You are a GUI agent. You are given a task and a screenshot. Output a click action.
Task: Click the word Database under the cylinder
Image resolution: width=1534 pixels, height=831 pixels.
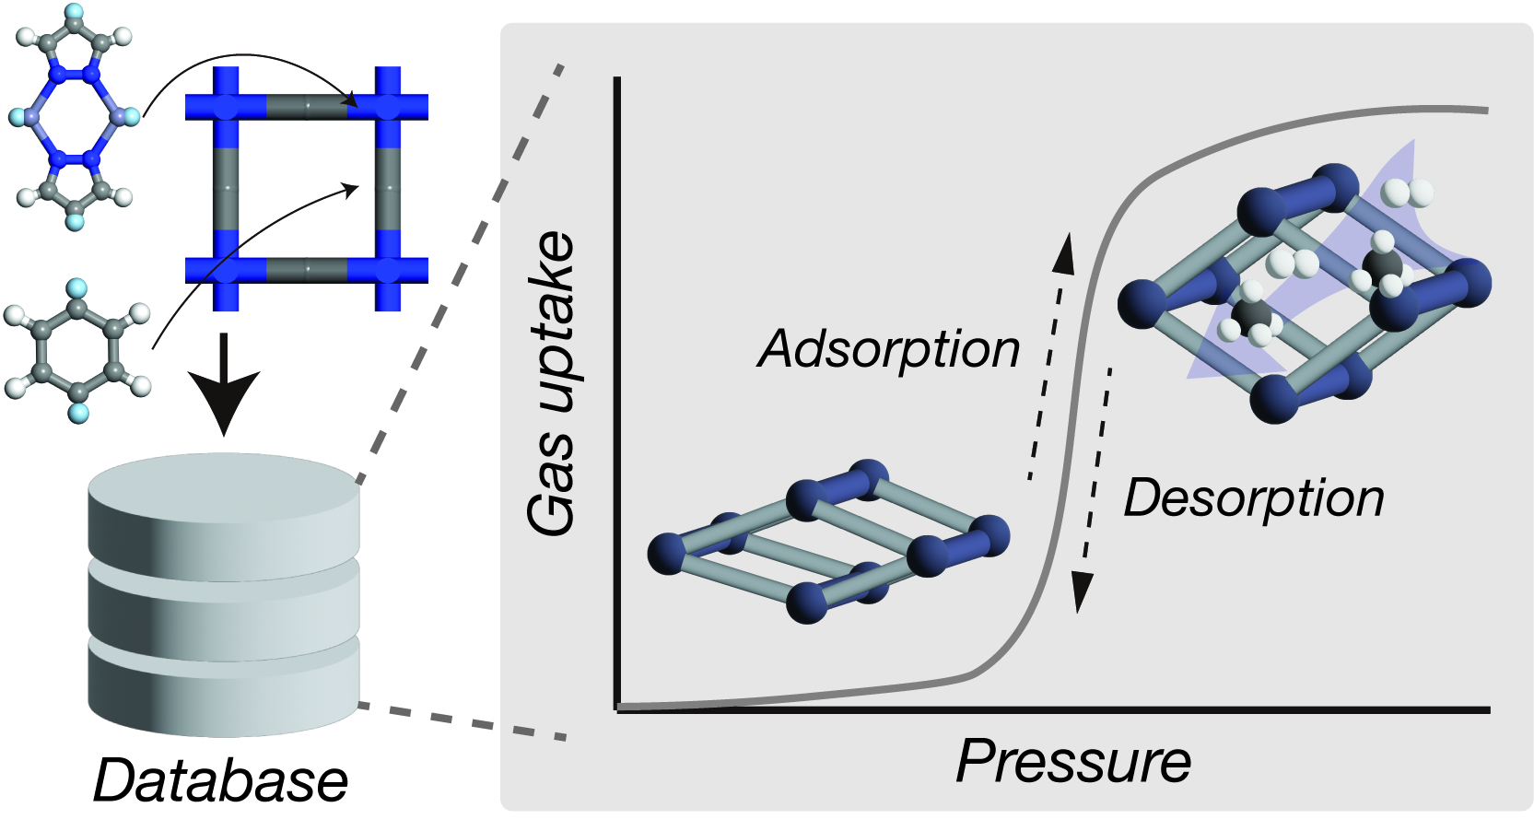[x=221, y=781]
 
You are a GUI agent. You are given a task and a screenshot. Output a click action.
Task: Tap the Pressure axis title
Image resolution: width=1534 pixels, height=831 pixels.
[x=1073, y=761]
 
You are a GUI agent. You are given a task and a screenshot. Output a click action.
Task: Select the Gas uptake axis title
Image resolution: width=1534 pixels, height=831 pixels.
[x=551, y=382]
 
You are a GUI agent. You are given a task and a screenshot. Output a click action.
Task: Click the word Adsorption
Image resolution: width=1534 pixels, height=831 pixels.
[x=888, y=349]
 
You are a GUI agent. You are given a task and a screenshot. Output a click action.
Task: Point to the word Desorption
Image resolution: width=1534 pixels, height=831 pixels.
[x=1253, y=498]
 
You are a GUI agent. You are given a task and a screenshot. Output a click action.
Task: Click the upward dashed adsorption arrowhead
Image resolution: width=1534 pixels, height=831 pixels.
[x=1065, y=252]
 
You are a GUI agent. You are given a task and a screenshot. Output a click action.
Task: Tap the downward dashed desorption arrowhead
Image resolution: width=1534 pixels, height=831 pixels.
[x=1081, y=591]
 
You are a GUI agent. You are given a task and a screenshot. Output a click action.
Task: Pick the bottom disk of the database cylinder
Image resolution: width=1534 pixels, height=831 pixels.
[x=223, y=686]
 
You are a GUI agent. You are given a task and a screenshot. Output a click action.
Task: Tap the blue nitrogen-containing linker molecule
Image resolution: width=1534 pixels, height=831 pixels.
[x=75, y=117]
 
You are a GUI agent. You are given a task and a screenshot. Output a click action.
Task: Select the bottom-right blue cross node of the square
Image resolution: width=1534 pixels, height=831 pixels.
[x=388, y=270]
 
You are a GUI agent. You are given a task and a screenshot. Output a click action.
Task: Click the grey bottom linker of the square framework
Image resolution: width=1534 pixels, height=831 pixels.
[x=307, y=270]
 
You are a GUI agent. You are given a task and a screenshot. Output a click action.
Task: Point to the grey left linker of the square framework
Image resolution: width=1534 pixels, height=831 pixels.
[x=226, y=189]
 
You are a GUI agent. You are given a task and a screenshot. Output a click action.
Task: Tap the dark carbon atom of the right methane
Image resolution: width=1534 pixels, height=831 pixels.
[x=1382, y=268]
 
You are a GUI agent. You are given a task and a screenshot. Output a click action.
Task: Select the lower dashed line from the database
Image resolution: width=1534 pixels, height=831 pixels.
[x=461, y=721]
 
